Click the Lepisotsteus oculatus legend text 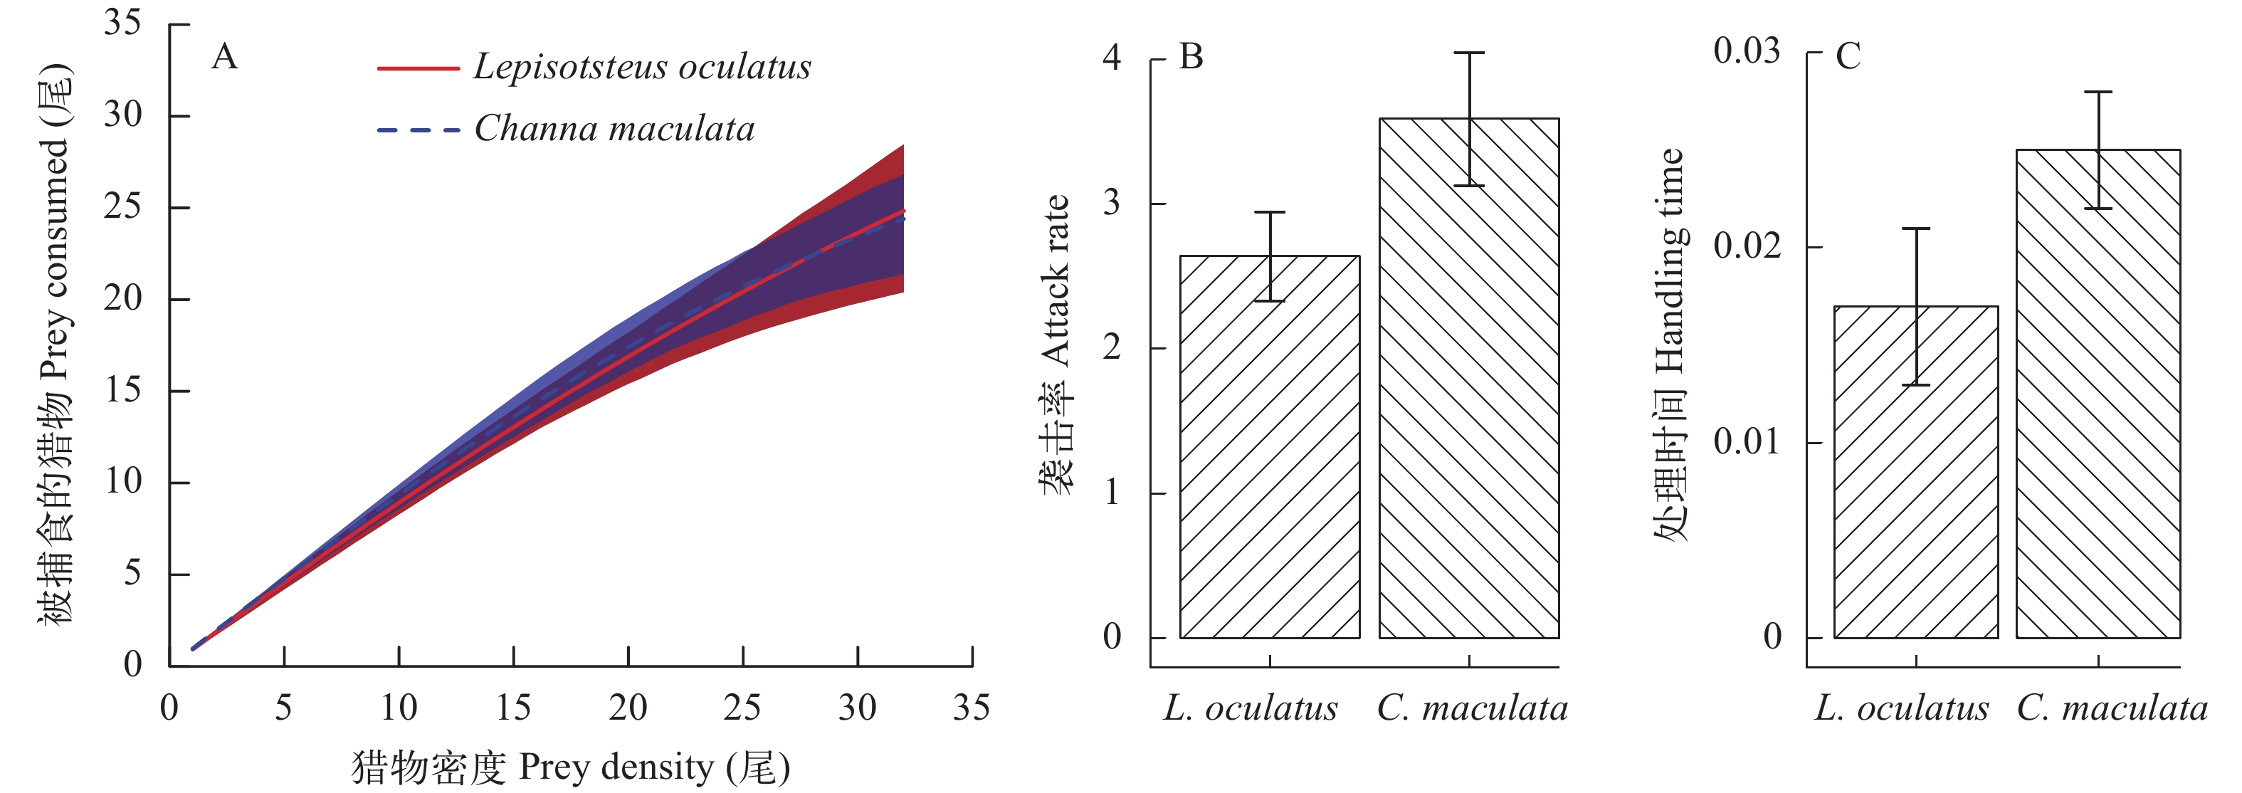coord(641,67)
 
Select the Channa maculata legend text coord(614,129)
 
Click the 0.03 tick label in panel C coord(1746,51)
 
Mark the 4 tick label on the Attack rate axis coord(1112,58)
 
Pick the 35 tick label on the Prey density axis coord(972,708)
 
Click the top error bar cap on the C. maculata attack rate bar coord(1469,53)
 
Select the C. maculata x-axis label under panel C coord(2112,708)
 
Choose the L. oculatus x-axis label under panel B coord(1251,708)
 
